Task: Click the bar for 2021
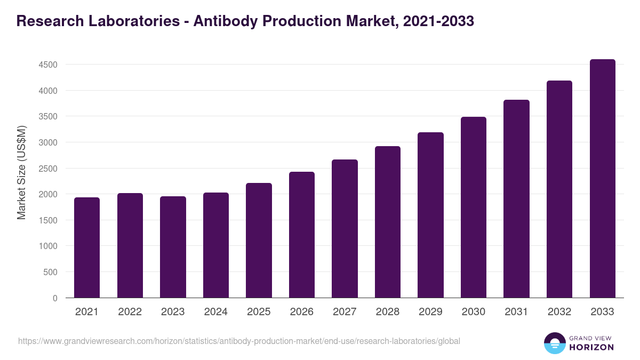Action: pos(87,247)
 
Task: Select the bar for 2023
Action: pos(173,247)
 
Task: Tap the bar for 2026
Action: pos(302,235)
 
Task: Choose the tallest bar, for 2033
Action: pos(602,179)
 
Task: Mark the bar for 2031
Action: pos(516,199)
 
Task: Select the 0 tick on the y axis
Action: pos(54,298)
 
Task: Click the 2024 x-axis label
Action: pos(215,312)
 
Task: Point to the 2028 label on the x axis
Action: pos(387,312)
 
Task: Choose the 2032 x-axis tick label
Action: pos(559,312)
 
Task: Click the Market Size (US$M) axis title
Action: pos(21,172)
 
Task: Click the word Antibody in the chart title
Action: pos(226,21)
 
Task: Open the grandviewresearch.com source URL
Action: pos(239,341)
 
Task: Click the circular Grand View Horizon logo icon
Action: pos(554,343)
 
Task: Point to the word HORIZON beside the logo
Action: pos(592,347)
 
